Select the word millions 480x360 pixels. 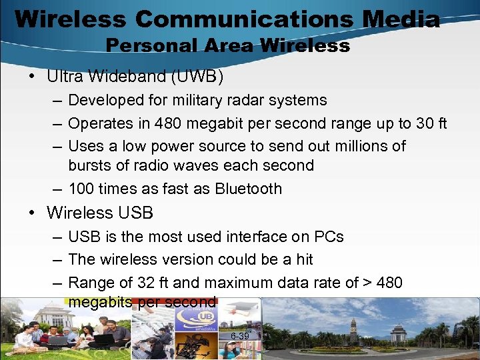click(368, 146)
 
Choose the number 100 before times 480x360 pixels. click(81, 189)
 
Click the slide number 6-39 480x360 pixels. click(239, 336)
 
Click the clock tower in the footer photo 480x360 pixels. click(353, 329)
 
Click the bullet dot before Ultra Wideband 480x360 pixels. click(32, 77)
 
